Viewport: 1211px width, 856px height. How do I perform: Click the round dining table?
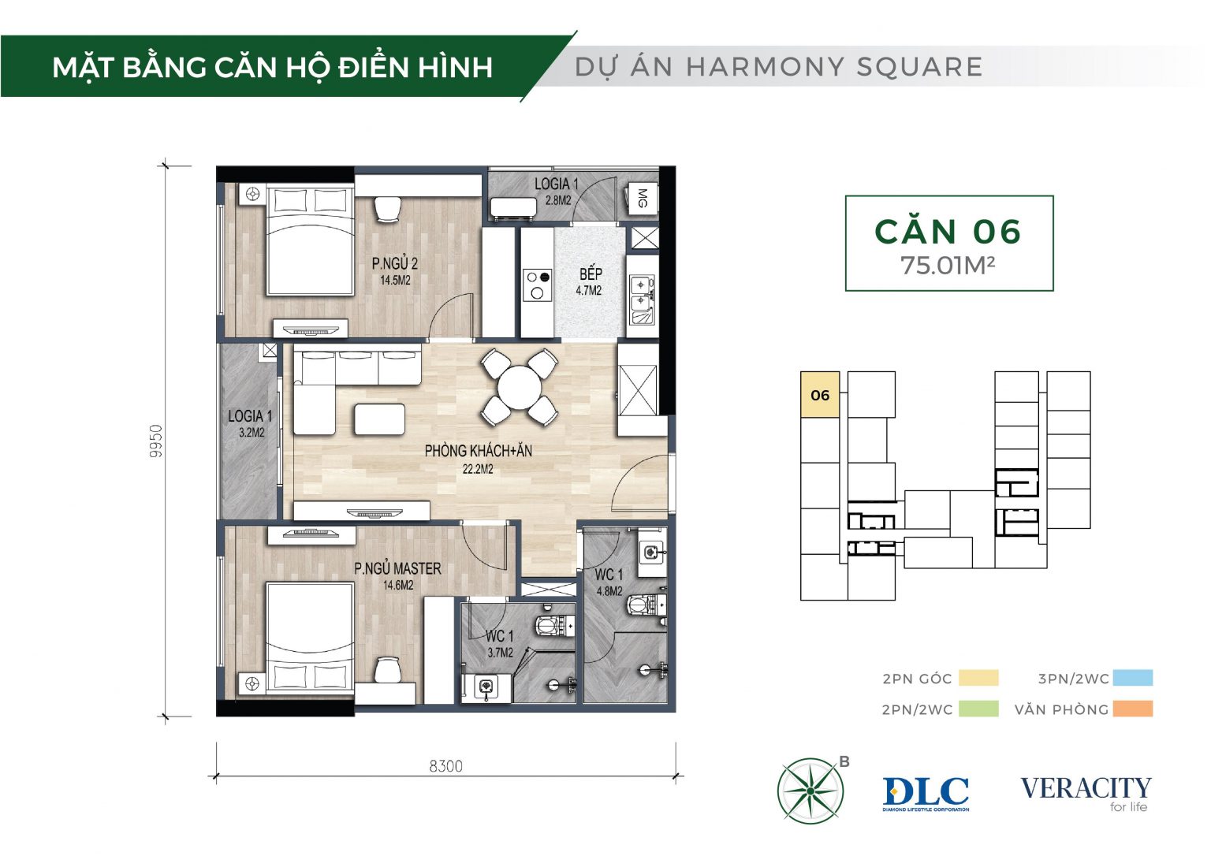point(519,388)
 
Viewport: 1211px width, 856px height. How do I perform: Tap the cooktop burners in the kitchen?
point(538,285)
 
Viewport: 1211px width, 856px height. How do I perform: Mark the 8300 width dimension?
point(446,766)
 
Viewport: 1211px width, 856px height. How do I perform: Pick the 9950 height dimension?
point(155,441)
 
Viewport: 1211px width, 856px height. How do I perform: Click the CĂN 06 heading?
point(948,231)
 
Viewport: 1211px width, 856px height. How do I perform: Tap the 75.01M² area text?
point(948,266)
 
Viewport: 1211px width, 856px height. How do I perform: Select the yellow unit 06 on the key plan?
point(820,394)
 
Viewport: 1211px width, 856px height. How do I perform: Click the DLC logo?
point(926,794)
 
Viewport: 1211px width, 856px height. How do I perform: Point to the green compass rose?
point(810,791)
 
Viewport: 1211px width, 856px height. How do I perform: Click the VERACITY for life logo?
point(1086,793)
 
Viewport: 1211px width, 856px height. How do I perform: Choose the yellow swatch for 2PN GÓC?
point(978,678)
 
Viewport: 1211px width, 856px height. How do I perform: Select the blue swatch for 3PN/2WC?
point(1133,678)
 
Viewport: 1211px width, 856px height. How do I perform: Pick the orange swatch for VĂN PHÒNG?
point(1133,709)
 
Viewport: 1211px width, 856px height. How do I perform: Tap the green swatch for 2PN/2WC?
point(978,709)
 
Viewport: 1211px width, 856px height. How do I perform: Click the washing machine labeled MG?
point(643,199)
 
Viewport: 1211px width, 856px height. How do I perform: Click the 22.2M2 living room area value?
point(478,470)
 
